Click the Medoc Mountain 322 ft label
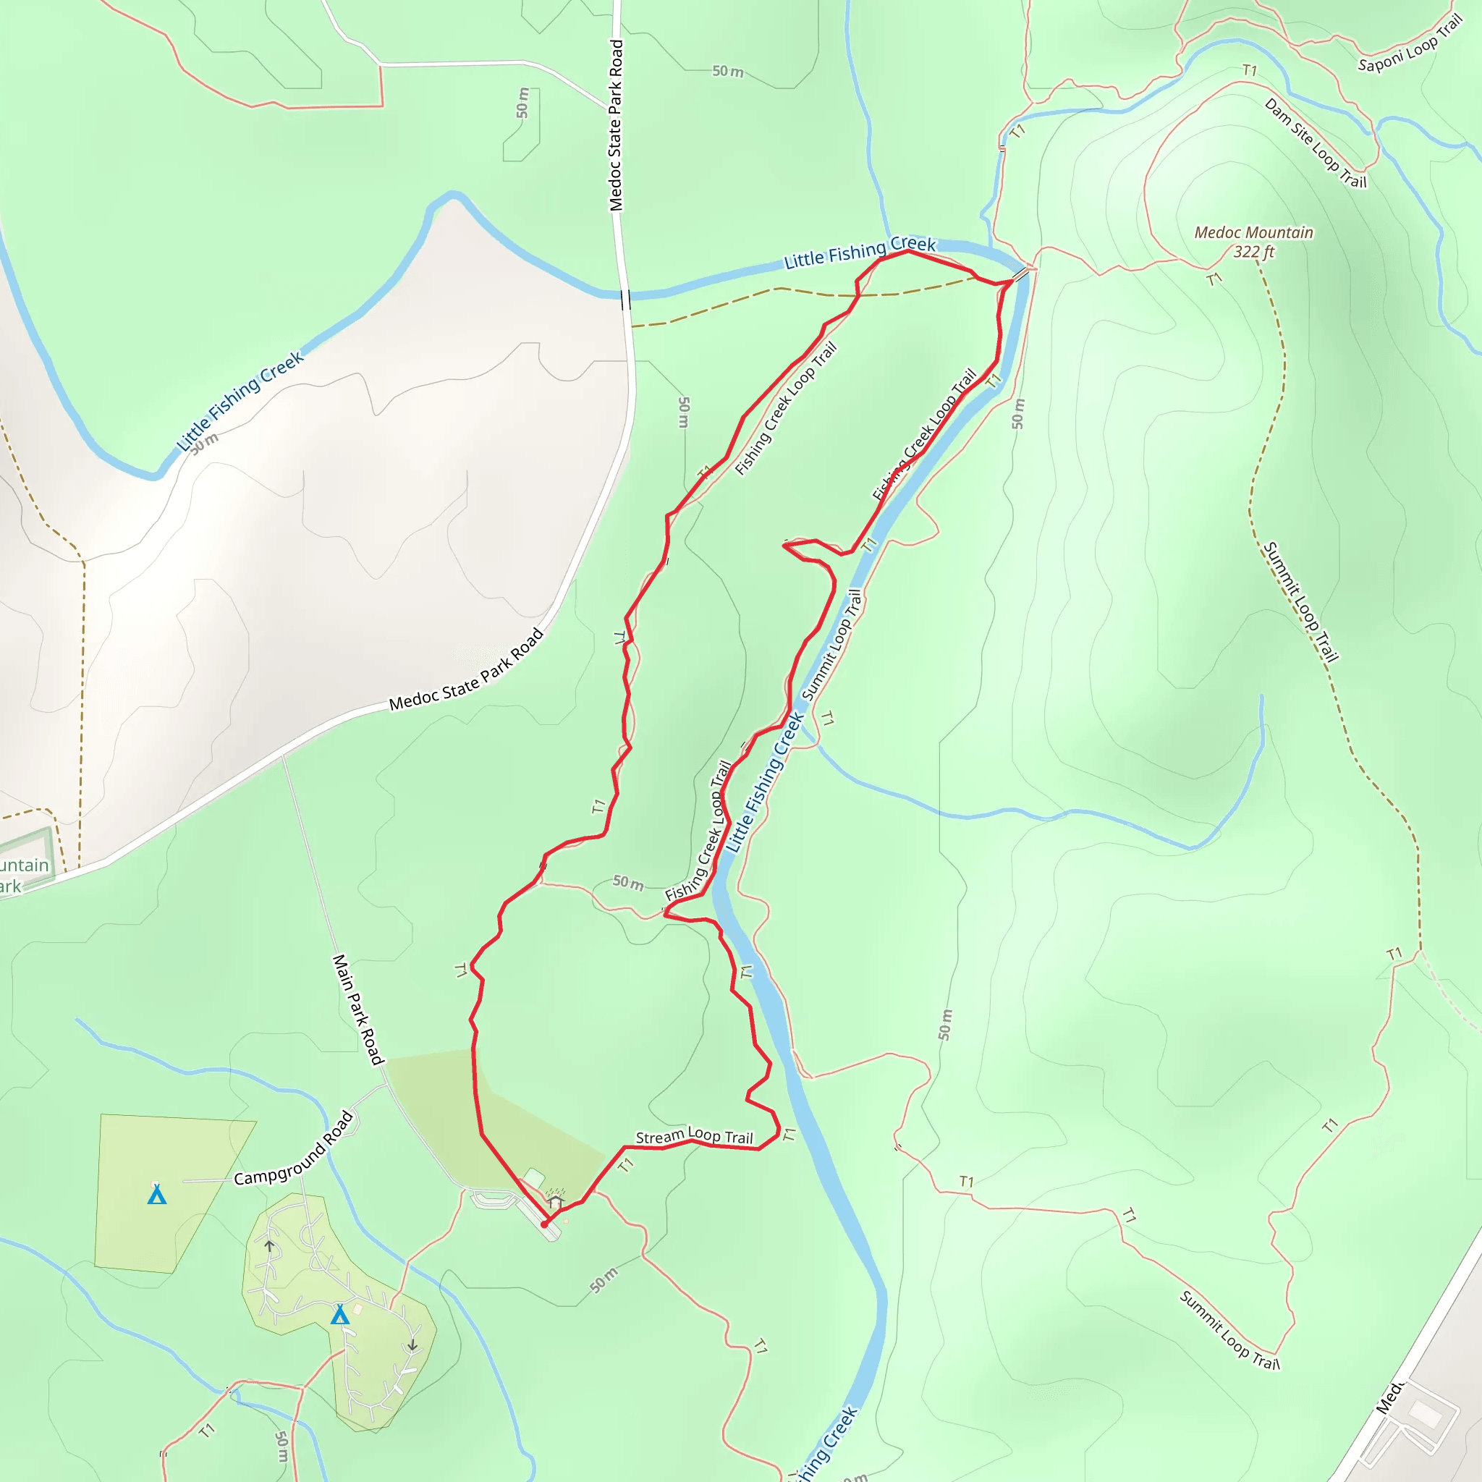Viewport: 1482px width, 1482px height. tap(1253, 242)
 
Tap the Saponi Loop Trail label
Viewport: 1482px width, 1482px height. tap(1410, 44)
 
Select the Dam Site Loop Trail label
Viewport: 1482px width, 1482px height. tap(1315, 143)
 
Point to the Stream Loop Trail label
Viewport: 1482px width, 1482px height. tap(694, 1136)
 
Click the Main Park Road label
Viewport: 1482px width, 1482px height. tap(357, 1009)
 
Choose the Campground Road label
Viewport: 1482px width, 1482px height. tap(294, 1148)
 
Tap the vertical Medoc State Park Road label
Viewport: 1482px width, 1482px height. tap(616, 125)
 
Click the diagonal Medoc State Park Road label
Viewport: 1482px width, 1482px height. tap(467, 670)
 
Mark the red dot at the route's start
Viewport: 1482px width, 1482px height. tap(545, 1224)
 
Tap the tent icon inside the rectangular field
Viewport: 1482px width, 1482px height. tap(157, 1194)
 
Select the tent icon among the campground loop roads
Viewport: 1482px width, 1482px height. tap(340, 1315)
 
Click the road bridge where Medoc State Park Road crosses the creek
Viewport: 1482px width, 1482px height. tap(626, 299)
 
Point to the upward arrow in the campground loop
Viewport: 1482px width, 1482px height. tap(269, 1245)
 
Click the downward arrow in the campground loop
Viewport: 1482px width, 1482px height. tap(412, 1345)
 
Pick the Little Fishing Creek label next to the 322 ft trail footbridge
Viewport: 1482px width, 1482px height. tap(859, 253)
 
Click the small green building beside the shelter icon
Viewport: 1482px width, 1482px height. tap(534, 1177)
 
